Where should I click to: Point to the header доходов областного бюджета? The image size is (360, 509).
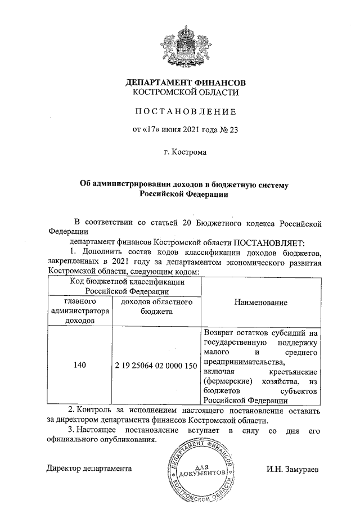[156, 307]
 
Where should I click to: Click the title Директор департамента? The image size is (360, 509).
[89, 469]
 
